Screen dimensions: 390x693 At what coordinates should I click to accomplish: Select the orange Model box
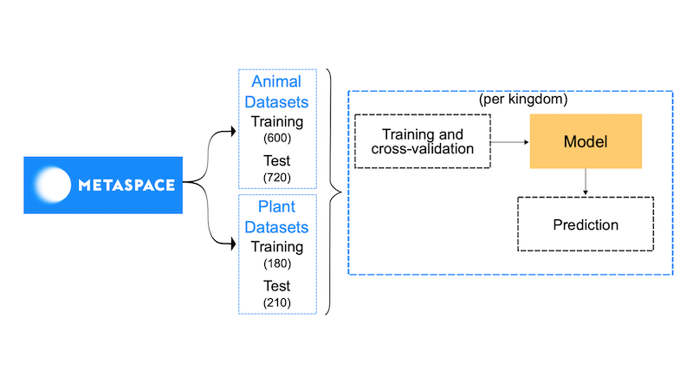point(585,140)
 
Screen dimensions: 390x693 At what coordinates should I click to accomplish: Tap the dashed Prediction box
point(585,224)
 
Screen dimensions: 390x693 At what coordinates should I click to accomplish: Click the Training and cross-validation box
point(423,141)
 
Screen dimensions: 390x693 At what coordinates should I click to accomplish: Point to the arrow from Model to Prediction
point(586,181)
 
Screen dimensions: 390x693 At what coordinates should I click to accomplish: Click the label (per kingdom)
point(510,100)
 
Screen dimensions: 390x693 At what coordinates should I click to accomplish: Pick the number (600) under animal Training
point(276,139)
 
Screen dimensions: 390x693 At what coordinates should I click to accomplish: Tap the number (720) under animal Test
point(276,177)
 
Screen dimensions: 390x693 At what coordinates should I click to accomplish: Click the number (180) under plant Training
point(276,263)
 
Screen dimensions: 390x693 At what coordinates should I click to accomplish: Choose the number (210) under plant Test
point(276,302)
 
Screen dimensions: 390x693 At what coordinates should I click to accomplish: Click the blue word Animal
point(276,82)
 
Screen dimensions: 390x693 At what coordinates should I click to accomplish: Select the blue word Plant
point(276,208)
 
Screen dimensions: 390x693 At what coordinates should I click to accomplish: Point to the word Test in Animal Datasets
point(276,161)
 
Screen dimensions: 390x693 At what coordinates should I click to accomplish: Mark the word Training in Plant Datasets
point(276,247)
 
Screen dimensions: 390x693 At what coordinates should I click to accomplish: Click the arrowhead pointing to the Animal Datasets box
point(231,132)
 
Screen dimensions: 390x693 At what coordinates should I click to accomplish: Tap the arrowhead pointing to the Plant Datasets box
point(231,245)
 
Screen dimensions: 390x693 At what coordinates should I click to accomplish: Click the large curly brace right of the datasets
point(333,191)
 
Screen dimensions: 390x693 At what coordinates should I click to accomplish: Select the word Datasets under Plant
point(276,228)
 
